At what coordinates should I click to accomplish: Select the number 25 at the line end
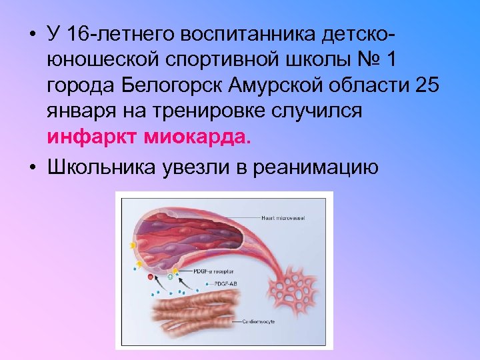(426, 86)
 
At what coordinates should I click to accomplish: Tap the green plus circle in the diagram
(171, 276)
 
